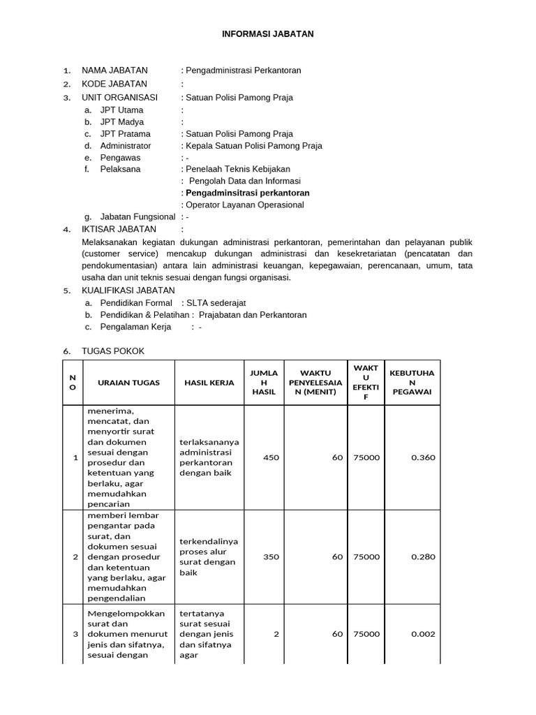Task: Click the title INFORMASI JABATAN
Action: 268,34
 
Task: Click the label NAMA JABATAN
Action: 114,71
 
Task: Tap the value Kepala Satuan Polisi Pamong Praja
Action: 254,146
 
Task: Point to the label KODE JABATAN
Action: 114,84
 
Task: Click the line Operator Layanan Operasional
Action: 245,205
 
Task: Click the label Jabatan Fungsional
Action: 137,217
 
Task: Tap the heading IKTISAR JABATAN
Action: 119,229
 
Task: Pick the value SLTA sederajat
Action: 216,303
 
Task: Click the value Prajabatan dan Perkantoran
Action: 253,315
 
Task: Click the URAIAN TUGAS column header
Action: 128,383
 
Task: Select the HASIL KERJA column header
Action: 208,383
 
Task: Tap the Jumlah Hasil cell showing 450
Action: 271,457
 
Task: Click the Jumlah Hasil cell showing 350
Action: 271,557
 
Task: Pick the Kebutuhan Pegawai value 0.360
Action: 423,457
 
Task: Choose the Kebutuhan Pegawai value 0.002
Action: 423,634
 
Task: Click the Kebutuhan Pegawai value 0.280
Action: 423,557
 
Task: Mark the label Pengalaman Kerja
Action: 135,327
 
